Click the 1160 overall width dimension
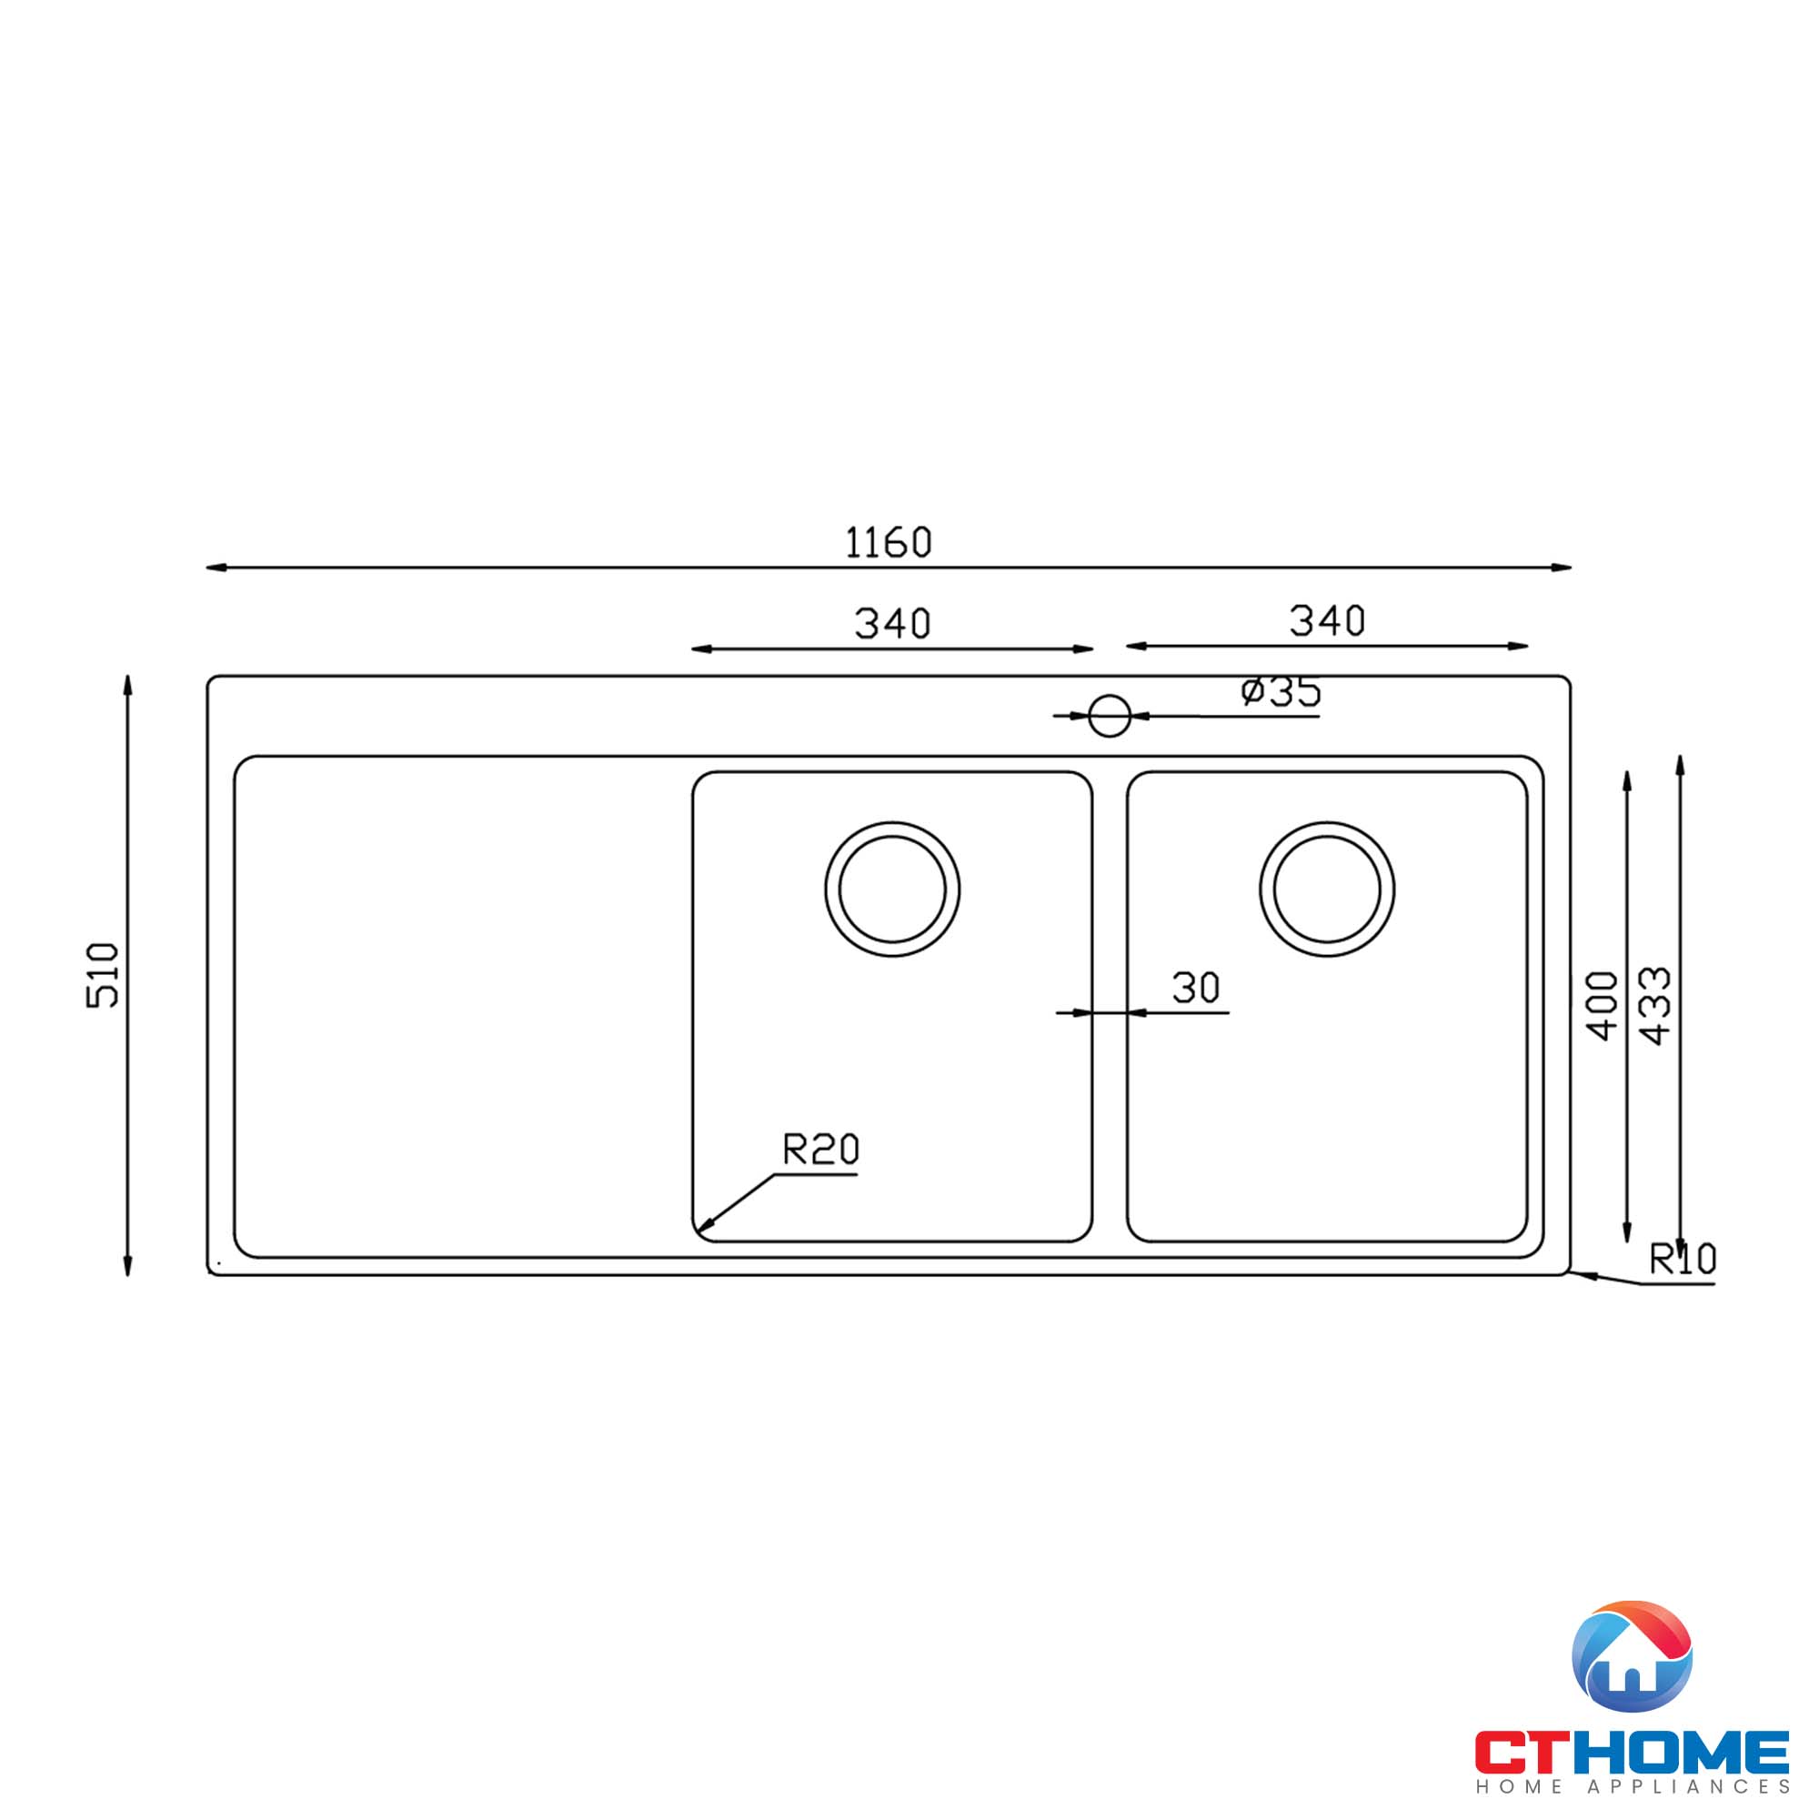click(888, 542)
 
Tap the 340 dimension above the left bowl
click(891, 623)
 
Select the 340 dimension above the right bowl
click(1326, 620)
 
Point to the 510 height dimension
click(103, 974)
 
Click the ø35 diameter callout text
click(1281, 692)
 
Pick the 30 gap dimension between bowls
click(1196, 988)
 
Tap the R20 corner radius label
click(820, 1150)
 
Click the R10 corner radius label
click(1683, 1259)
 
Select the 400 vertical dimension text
click(1603, 1006)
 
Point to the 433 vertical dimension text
click(1655, 1006)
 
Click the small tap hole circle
click(1109, 717)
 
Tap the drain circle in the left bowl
click(892, 889)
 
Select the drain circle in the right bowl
click(1327, 889)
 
